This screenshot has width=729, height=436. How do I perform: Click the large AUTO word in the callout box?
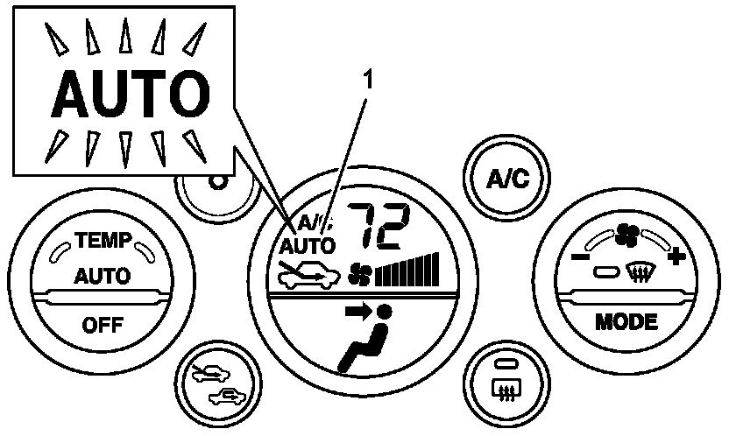[126, 92]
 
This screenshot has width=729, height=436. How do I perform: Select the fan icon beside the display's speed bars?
[360, 274]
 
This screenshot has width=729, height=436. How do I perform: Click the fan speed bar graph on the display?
[407, 270]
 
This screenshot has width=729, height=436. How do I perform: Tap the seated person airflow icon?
[368, 346]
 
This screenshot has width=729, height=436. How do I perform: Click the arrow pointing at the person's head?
[357, 309]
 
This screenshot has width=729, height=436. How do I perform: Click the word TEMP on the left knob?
[102, 238]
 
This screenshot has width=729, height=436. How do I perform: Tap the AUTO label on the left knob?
[102, 278]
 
